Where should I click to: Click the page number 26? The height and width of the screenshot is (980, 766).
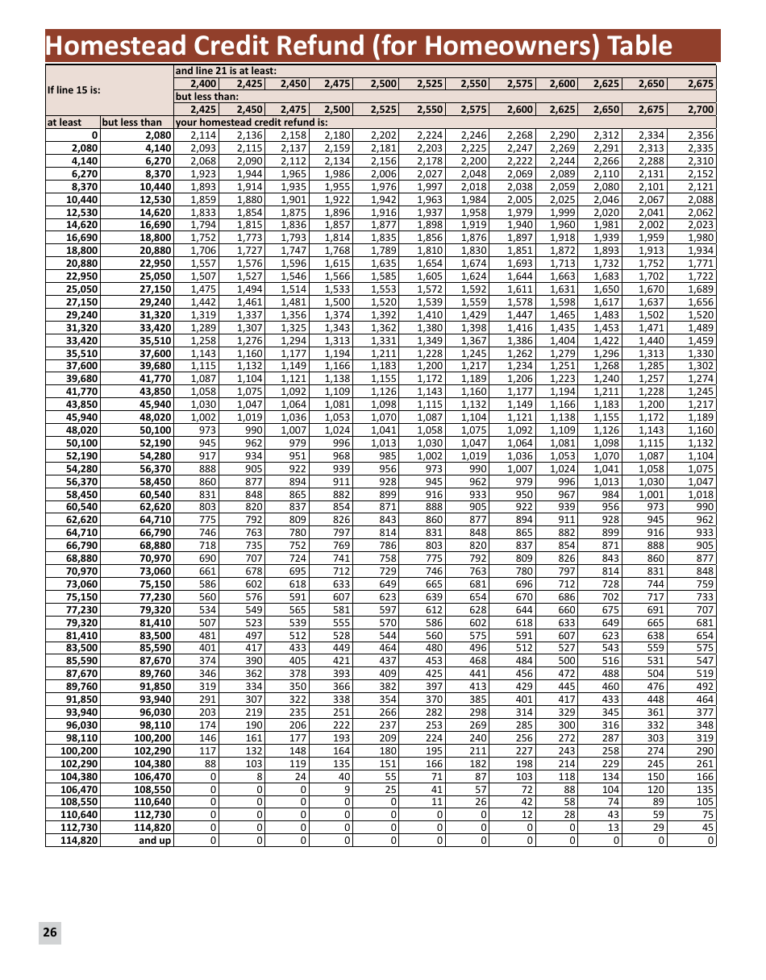(x=50, y=932)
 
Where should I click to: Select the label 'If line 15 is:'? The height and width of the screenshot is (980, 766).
(x=73, y=89)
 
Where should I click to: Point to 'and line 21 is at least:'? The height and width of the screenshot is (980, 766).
(x=227, y=71)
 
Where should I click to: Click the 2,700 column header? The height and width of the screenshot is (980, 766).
(x=701, y=110)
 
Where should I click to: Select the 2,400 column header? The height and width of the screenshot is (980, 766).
(x=203, y=84)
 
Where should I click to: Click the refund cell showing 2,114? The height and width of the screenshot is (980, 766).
(x=203, y=135)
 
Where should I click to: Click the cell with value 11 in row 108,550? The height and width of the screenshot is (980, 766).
(x=437, y=802)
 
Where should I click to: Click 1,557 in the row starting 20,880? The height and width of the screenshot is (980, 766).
(x=203, y=264)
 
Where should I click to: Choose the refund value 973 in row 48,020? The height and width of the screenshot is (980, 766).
(x=206, y=430)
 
